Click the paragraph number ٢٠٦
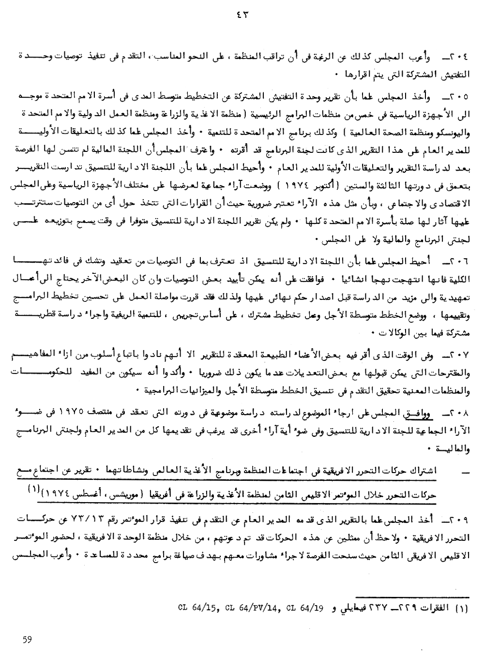coord(458,261)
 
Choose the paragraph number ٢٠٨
coord(457,413)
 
